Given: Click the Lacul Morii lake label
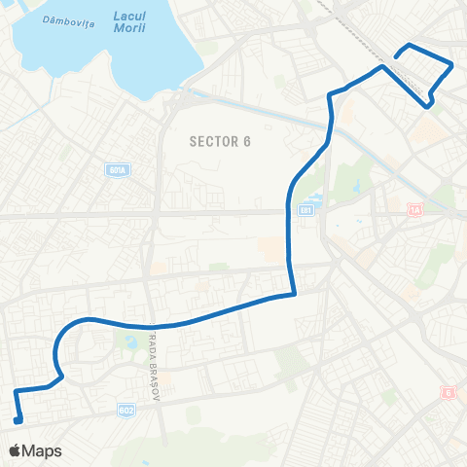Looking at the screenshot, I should coord(130,23).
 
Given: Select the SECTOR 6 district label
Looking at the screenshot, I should coord(220,142).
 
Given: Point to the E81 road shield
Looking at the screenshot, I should coord(305,210).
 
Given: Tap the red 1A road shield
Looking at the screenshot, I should coord(416,209).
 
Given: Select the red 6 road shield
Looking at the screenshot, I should coord(448,393).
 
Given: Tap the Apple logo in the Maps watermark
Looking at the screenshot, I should coord(16,451).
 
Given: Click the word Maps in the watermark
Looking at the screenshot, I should coord(42,451).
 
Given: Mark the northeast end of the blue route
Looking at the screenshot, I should coord(395,58).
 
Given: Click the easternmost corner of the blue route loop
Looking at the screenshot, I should coord(452,65).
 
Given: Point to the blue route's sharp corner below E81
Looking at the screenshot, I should coord(293,293).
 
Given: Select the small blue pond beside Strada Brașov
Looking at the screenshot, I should coord(131,341).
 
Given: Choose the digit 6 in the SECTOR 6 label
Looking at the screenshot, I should coord(247,142).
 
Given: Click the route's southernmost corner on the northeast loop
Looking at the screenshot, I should coord(430,106).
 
